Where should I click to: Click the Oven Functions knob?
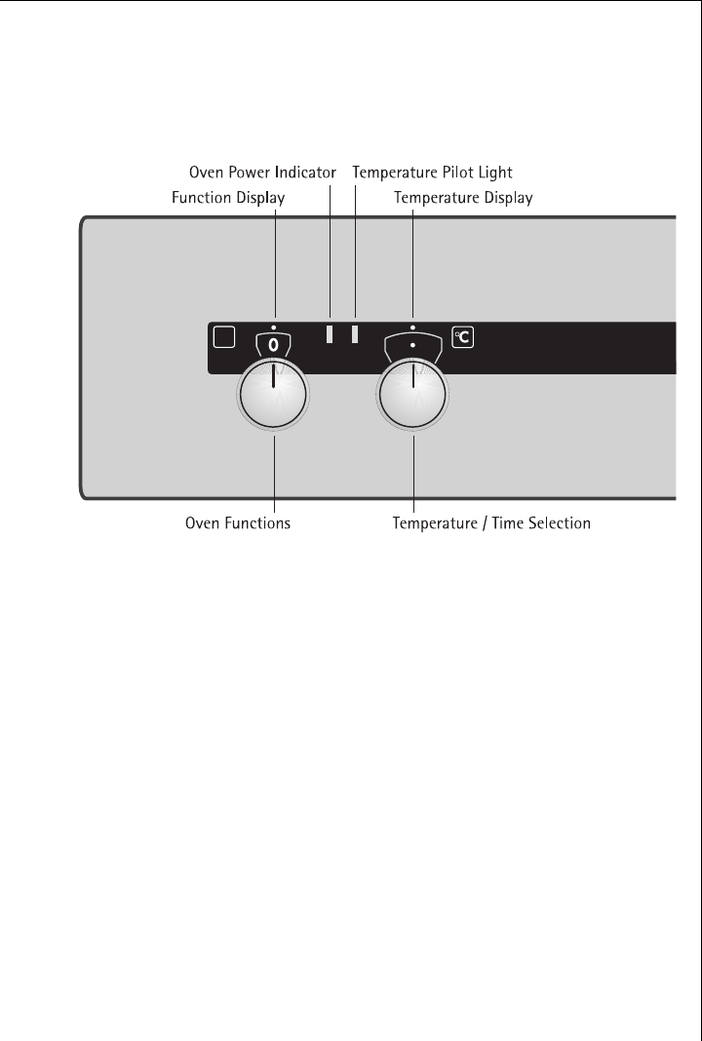click(x=274, y=400)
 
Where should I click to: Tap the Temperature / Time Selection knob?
click(x=413, y=400)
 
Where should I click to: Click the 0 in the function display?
click(x=274, y=345)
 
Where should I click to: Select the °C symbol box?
click(x=463, y=337)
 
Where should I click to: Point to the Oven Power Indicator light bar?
click(x=330, y=334)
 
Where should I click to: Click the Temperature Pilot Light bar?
click(x=356, y=334)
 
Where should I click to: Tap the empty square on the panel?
click(x=223, y=337)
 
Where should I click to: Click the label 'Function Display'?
click(x=228, y=198)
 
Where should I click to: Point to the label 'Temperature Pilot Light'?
click(x=432, y=172)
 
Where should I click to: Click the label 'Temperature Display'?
click(x=463, y=198)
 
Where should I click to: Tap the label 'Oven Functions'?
click(x=238, y=523)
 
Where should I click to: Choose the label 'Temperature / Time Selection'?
click(x=491, y=523)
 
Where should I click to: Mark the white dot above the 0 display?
click(x=274, y=326)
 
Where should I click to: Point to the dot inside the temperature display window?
click(x=413, y=345)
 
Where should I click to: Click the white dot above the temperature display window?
click(x=413, y=326)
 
